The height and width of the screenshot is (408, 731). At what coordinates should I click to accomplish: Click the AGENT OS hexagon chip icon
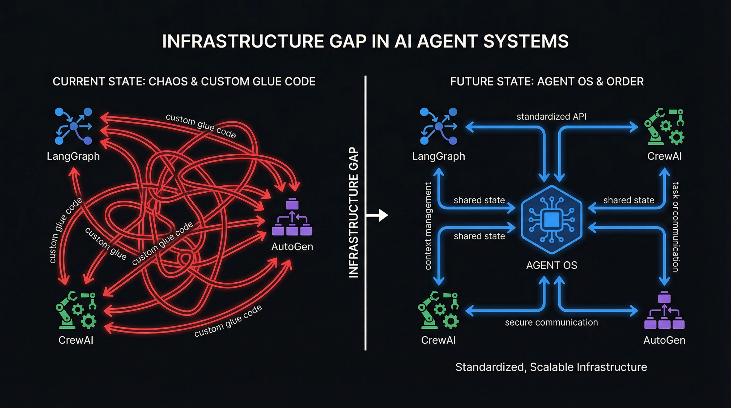552,220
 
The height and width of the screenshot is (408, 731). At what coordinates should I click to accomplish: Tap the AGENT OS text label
552,265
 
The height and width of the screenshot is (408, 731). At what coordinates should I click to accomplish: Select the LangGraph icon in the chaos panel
74,126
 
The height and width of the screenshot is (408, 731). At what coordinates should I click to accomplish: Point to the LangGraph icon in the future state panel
439,126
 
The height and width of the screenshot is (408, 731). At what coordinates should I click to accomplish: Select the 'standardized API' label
551,117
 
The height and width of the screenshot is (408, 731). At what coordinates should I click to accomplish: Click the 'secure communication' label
551,322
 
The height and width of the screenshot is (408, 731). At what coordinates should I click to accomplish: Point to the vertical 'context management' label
428,226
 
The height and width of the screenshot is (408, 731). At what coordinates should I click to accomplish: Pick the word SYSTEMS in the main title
526,41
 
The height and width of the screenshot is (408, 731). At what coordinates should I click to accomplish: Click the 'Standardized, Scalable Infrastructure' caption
551,367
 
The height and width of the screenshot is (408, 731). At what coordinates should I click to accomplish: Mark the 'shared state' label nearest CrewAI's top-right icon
628,200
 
